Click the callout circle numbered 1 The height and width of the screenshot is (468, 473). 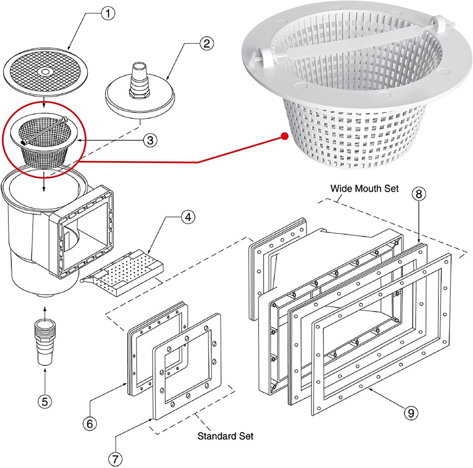click(x=108, y=14)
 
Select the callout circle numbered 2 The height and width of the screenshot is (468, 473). click(x=206, y=43)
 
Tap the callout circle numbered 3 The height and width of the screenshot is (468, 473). click(x=150, y=140)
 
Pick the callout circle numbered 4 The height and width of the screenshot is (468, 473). click(x=188, y=217)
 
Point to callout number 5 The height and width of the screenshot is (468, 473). click(x=44, y=401)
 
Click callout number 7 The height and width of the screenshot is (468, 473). click(x=115, y=459)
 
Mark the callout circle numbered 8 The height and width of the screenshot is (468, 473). click(x=418, y=194)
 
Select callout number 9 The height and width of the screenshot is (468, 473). click(x=411, y=412)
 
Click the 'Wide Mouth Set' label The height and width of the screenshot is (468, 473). click(x=364, y=189)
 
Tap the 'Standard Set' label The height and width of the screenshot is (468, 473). click(x=225, y=436)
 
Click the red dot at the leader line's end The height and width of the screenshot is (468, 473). click(x=285, y=136)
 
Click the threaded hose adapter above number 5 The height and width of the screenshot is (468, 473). click(x=44, y=342)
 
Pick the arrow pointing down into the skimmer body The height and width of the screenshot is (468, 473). click(x=44, y=183)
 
